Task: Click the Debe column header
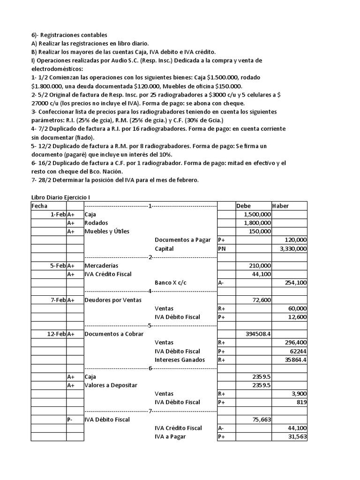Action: pyautogui.click(x=244, y=206)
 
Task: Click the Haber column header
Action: pyautogui.click(x=280, y=206)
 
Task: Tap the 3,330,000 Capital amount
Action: pyautogui.click(x=293, y=248)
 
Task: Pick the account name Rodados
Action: pyautogui.click(x=96, y=223)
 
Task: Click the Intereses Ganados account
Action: pyautogui.click(x=180, y=360)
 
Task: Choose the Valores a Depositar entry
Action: pyautogui.click(x=111, y=385)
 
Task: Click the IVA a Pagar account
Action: pyautogui.click(x=170, y=436)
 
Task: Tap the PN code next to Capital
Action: pyautogui.click(x=221, y=248)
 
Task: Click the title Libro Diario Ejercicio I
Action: pyautogui.click(x=64, y=197)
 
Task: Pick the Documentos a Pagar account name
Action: pyautogui.click(x=183, y=240)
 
